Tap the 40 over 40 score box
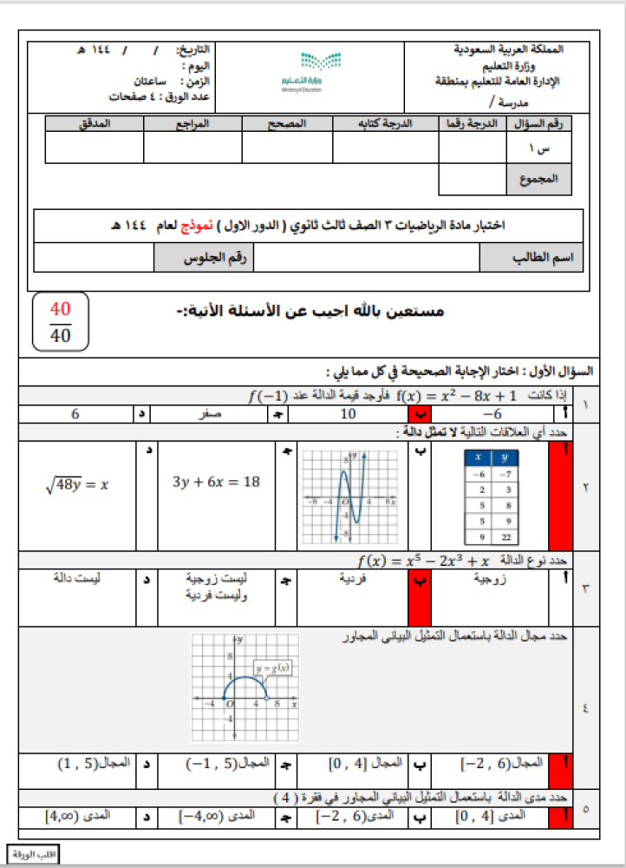coord(60,321)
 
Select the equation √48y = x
coord(76,484)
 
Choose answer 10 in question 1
coord(349,414)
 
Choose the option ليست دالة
coord(76,576)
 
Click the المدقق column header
coord(95,124)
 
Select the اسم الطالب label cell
coord(532,258)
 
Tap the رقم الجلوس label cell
coord(205,258)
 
